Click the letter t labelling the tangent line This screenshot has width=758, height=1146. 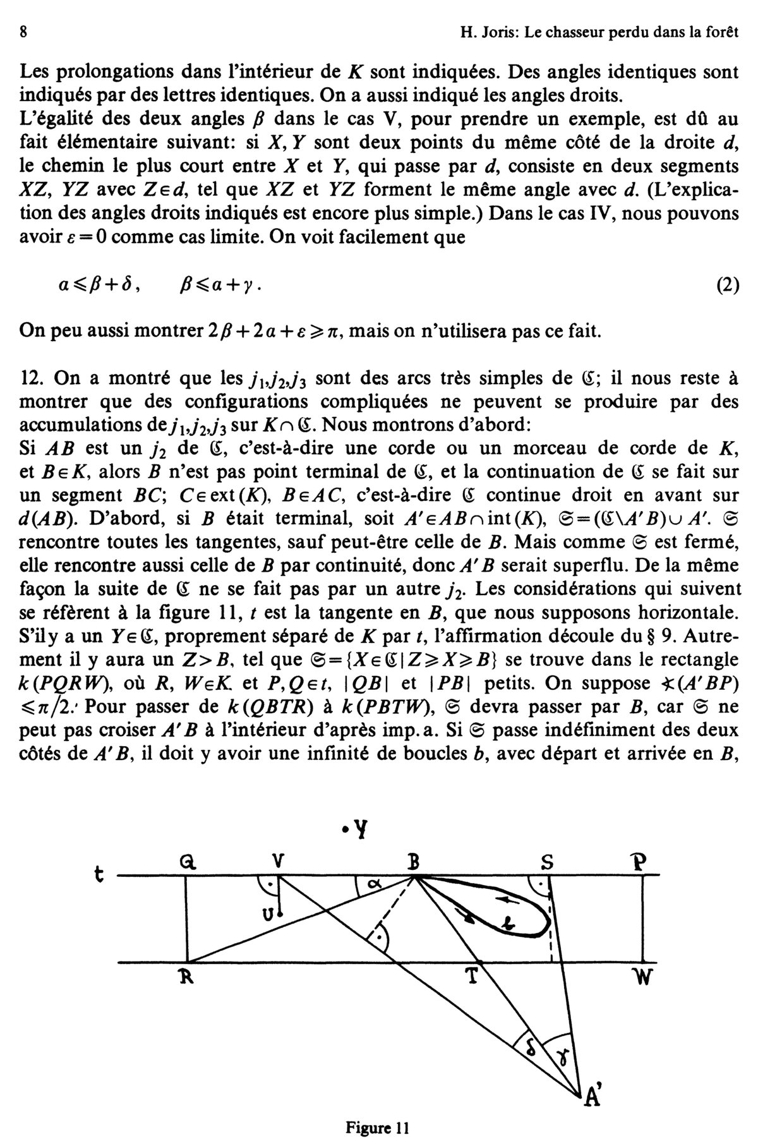(97, 874)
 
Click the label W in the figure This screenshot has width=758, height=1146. (644, 978)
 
